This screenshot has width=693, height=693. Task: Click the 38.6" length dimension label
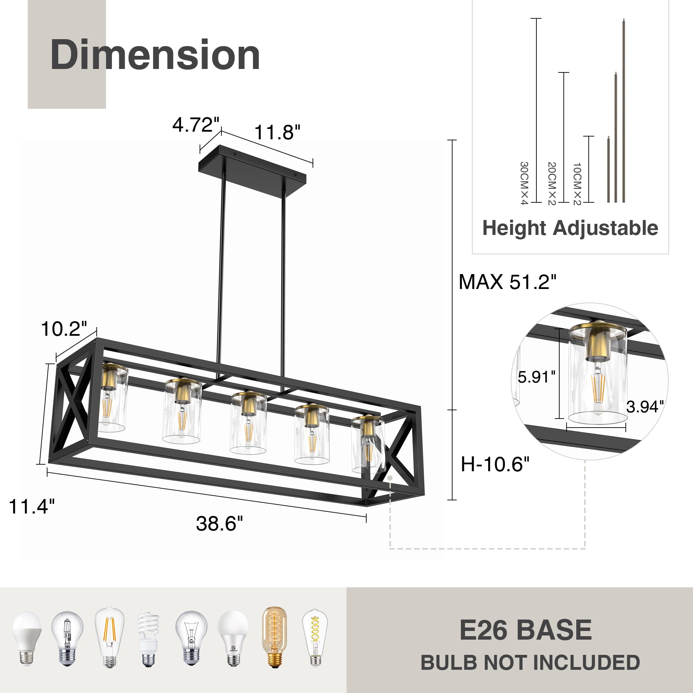[219, 523]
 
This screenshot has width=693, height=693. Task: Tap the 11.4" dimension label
[32, 507]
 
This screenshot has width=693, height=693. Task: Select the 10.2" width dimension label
[64, 328]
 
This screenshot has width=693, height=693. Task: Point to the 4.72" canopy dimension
[195, 125]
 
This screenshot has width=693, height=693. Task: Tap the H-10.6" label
[495, 464]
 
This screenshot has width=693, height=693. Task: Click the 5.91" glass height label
[536, 377]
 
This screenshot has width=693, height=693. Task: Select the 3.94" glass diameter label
[645, 407]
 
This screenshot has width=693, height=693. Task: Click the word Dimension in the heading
[155, 55]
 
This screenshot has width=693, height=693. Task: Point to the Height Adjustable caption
[570, 228]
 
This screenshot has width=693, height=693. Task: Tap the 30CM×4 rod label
[524, 183]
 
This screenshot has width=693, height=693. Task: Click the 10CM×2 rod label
[577, 184]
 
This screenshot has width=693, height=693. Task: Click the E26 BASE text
[526, 630]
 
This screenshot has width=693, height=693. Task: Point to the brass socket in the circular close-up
[597, 344]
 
